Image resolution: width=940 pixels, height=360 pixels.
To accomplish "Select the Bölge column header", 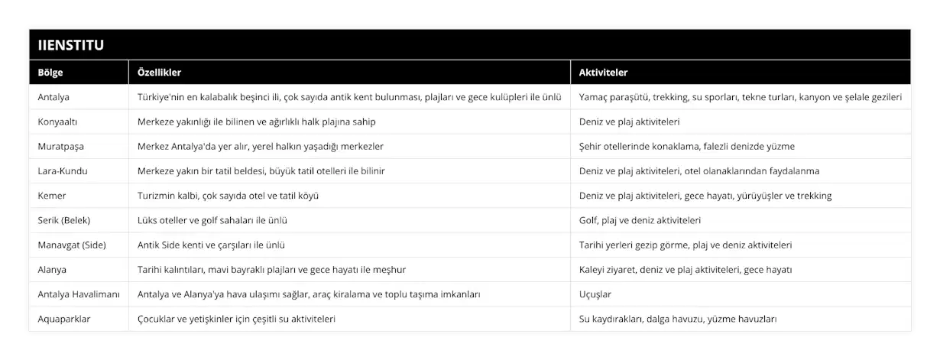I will coord(50,73).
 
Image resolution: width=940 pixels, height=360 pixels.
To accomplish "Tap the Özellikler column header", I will coord(159,73).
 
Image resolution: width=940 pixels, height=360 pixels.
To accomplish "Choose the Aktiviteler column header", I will coord(604,73).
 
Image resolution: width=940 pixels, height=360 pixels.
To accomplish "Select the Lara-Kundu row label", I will coord(63,171).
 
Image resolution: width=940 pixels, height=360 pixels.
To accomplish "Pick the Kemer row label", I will coord(52,196).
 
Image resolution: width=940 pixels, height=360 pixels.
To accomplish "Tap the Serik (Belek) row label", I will coord(64,220).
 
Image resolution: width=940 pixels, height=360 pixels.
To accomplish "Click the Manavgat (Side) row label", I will coord(71,245).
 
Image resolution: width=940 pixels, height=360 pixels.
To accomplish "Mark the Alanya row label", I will coord(52,270).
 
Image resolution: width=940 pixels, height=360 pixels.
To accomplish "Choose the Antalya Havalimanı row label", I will coord(79,294).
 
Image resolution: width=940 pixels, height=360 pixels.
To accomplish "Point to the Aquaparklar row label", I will coord(64,319).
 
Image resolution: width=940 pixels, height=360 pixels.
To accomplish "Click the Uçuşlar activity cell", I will coord(595,294).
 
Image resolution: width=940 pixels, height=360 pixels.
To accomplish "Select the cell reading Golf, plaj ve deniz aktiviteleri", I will coord(640,220).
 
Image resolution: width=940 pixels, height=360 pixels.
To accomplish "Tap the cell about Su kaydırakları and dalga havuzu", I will coord(679,319).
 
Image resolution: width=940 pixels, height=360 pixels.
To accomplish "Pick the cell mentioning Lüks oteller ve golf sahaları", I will coord(212,220).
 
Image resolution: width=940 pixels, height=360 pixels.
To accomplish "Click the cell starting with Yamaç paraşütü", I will coord(741,97).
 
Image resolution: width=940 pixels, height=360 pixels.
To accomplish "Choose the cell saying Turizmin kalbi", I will coord(228,196).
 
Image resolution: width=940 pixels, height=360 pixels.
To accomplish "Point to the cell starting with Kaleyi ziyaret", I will coord(686,270).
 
